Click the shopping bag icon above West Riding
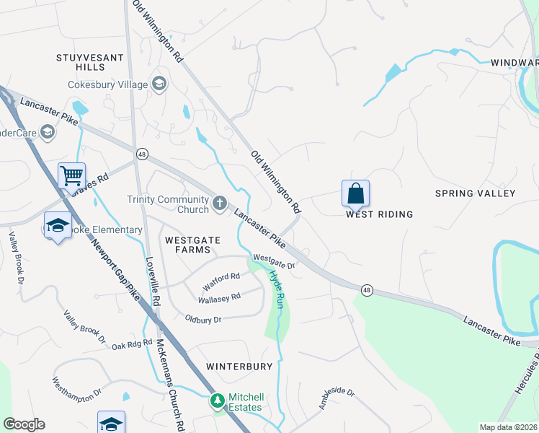click(355, 193)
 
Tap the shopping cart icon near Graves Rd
click(71, 175)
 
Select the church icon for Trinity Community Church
click(220, 205)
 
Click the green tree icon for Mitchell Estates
click(217, 400)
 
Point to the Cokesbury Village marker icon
click(159, 84)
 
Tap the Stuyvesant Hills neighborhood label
click(81, 61)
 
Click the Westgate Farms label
click(188, 245)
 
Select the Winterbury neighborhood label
click(239, 367)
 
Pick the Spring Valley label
click(475, 193)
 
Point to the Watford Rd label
click(220, 277)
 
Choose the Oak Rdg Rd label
click(132, 345)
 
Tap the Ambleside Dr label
click(337, 396)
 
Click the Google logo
click(24, 424)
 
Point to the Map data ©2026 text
click(508, 427)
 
